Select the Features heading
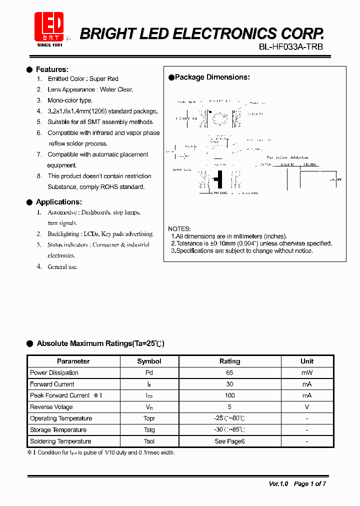[x=52, y=69]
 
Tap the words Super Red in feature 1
[x=104, y=79]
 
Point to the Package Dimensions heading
[x=212, y=77]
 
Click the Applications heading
[x=58, y=202]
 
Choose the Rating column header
[x=229, y=361]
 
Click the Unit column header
[x=307, y=361]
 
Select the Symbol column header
[x=149, y=361]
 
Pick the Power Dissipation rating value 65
[x=229, y=372]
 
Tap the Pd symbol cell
[x=149, y=372]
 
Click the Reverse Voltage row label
[x=51, y=407]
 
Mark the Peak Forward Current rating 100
[x=229, y=395]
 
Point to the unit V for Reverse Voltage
[x=307, y=407]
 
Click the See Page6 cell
[x=229, y=441]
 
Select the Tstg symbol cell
[x=149, y=430]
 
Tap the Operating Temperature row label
[x=61, y=418]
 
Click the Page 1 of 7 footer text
[x=310, y=483]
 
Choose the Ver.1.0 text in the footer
[x=278, y=483]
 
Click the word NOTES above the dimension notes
[x=179, y=228]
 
